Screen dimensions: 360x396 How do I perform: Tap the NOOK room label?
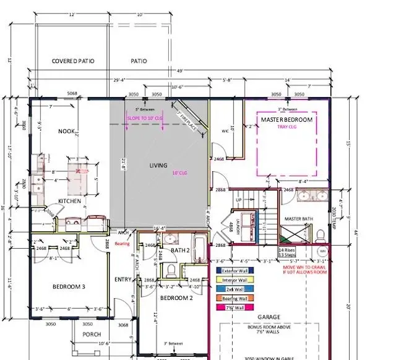(67, 132)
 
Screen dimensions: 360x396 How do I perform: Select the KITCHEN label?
(71, 202)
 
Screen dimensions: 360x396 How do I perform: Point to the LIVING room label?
(160, 166)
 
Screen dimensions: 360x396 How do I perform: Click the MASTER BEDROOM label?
(286, 119)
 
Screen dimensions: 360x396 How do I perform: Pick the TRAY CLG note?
(286, 127)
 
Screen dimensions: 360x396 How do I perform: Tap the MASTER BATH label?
(299, 220)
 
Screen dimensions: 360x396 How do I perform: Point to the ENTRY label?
(124, 280)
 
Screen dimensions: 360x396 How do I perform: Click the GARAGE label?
(269, 317)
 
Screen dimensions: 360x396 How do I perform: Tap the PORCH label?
(92, 335)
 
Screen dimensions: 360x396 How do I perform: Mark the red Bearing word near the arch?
(123, 244)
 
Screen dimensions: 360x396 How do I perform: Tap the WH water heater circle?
(322, 252)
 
